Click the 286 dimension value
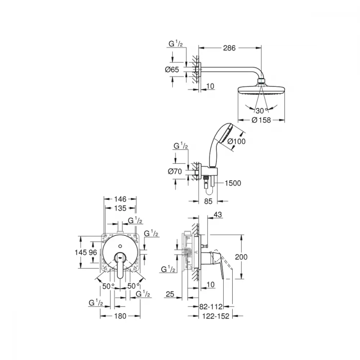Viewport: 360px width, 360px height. (229, 48)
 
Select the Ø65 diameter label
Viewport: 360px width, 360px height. (172, 69)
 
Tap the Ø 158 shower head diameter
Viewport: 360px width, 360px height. (261, 120)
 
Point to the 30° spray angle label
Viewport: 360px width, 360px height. (262, 111)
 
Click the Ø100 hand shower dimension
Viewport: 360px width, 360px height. (237, 141)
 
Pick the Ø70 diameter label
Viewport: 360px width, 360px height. (175, 171)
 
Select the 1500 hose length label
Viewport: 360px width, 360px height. (233, 183)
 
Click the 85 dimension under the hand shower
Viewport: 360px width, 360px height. (208, 201)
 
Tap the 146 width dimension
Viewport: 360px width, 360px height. (120, 199)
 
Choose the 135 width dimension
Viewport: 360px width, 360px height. (120, 208)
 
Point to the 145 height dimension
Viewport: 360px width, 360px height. (81, 252)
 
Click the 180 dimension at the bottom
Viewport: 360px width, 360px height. (120, 316)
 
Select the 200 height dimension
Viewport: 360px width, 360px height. (241, 257)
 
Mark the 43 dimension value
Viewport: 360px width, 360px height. (218, 215)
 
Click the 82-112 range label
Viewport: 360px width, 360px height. (211, 306)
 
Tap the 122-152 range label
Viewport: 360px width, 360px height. (216, 316)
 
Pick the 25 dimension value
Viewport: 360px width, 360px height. (170, 294)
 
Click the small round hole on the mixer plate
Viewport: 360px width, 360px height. (120, 246)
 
